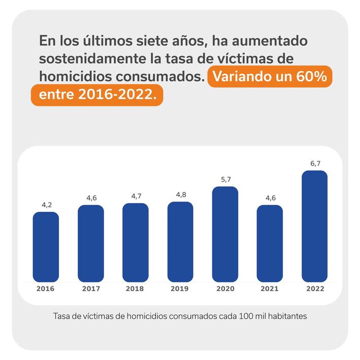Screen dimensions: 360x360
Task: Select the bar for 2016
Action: click(46, 247)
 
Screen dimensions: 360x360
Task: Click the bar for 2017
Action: click(91, 243)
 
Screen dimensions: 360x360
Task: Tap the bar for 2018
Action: click(136, 243)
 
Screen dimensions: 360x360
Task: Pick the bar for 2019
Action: click(180, 242)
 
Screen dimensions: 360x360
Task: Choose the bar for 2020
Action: click(225, 234)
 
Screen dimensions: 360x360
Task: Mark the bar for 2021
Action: click(270, 243)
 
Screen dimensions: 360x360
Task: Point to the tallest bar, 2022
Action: click(314, 226)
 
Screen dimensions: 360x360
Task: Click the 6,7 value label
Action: click(314, 163)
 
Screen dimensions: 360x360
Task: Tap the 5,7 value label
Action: click(225, 179)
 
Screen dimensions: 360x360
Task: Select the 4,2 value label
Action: click(46, 205)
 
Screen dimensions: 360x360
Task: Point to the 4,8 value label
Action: click(180, 194)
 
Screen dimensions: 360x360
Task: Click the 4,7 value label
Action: click(136, 196)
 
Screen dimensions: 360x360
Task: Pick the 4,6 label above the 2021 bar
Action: click(270, 198)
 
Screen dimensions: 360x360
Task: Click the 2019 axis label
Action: click(180, 289)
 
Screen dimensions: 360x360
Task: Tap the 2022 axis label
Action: click(315, 289)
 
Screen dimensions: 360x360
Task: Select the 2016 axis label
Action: click(46, 289)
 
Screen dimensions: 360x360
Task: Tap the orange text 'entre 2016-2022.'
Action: click(96, 95)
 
